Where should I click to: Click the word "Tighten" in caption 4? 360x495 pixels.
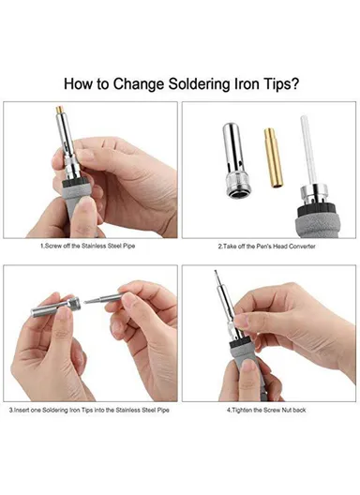(x=243, y=410)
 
